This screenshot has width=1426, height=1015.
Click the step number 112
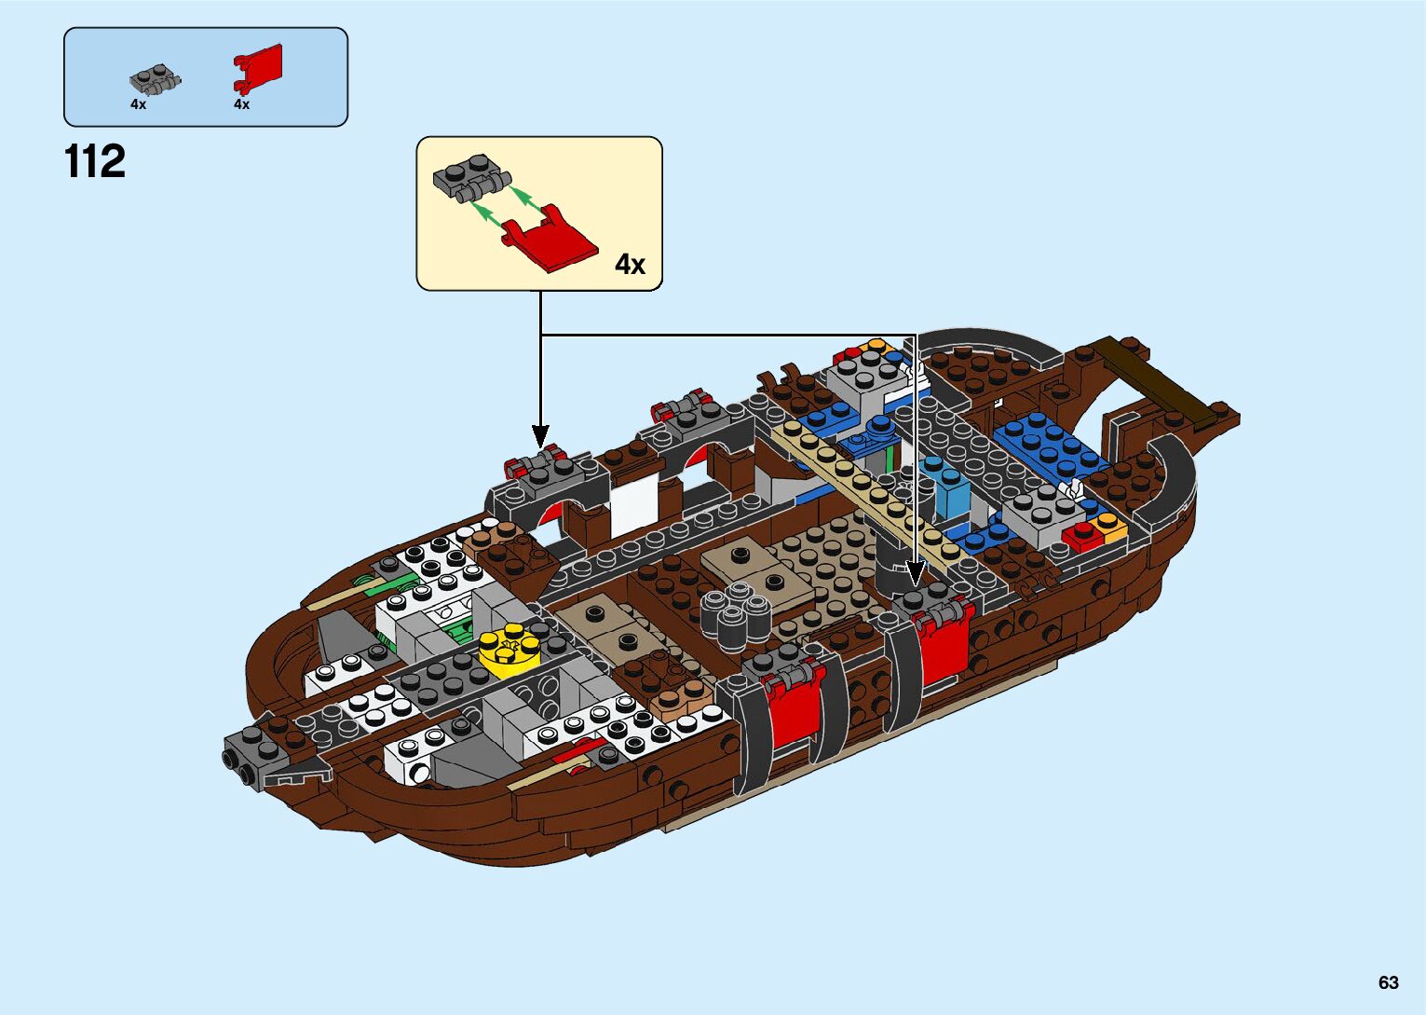click(95, 162)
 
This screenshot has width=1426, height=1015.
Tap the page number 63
click(1388, 982)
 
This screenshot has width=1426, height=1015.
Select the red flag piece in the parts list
click(258, 68)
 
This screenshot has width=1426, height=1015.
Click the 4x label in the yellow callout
click(630, 265)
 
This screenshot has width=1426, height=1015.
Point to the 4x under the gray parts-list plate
click(138, 104)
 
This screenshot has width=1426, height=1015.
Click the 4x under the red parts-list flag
click(241, 104)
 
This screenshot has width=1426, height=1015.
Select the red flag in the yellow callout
click(550, 241)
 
